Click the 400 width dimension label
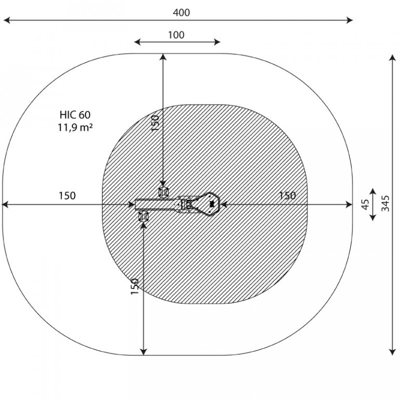pos(181,12)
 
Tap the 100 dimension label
pos(176,35)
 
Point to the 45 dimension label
pos(366,204)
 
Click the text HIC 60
pos(75,115)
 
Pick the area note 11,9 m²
pos(75,127)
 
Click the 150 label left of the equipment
pos(67,196)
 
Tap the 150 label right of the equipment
pos(287,196)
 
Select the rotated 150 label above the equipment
pos(155,123)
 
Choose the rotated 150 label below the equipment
pos(134,286)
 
